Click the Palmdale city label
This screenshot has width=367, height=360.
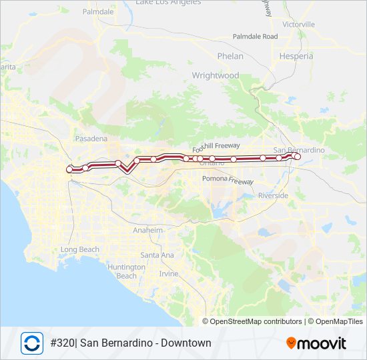click(97, 12)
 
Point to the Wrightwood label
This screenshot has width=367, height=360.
click(215, 76)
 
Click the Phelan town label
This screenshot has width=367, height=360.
click(230, 57)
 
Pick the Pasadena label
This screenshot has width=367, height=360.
click(91, 139)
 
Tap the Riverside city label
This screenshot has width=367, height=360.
click(274, 195)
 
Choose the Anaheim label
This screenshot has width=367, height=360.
click(148, 230)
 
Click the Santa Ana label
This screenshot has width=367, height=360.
click(157, 255)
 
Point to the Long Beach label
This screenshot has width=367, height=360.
click(79, 250)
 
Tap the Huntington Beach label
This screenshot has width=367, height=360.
click(126, 271)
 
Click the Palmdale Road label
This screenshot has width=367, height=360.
click(255, 37)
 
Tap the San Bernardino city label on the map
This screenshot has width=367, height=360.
click(299, 150)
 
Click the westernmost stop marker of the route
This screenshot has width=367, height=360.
click(69, 170)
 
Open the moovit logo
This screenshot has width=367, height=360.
click(316, 343)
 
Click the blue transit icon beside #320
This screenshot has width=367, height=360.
click(31, 343)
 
